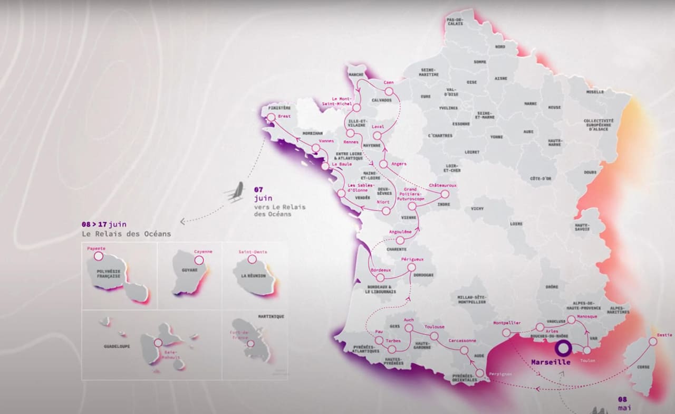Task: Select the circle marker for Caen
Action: coord(389,91)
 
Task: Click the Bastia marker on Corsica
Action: coord(653,342)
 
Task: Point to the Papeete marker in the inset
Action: coord(98,256)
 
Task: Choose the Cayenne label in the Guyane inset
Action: coord(203,251)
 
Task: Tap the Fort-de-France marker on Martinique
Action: coord(250,343)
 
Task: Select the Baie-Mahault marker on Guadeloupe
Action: coord(158,343)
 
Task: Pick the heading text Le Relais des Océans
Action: coord(126,233)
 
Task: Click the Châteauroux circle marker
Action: coord(445,194)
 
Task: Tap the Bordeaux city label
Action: coord(381,270)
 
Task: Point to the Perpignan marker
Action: coord(479,373)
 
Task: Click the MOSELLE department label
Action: coord(595,92)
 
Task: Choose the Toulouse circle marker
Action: coord(434,336)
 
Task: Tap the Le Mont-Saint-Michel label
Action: coord(337,100)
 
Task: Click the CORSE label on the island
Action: coord(643,366)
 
